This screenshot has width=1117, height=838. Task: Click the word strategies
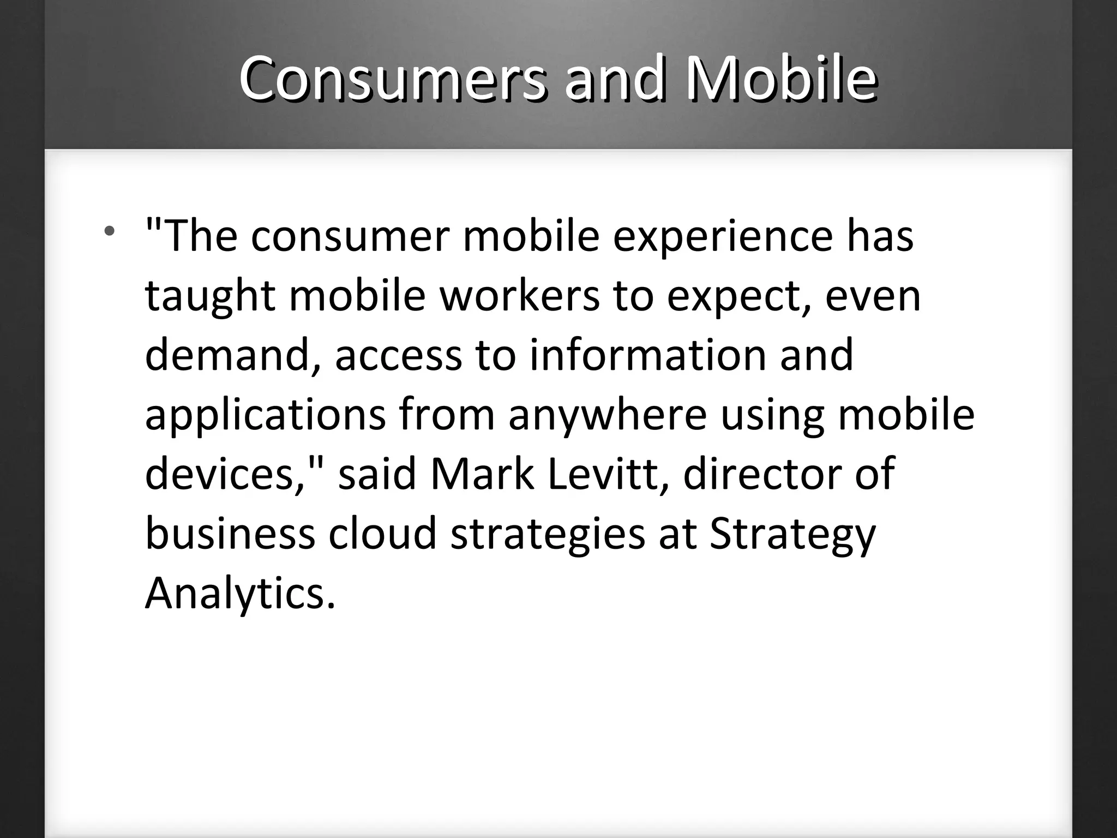click(548, 535)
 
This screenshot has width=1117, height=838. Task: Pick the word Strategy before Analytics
click(792, 535)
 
